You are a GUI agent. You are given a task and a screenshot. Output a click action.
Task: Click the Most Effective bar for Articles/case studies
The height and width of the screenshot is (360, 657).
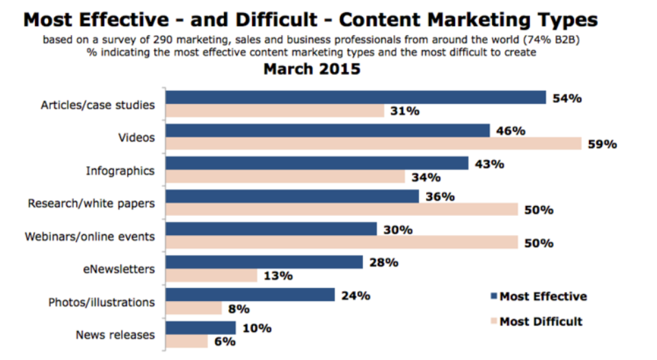click(x=356, y=98)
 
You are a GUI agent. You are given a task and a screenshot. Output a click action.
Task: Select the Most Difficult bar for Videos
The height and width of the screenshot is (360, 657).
click(x=373, y=144)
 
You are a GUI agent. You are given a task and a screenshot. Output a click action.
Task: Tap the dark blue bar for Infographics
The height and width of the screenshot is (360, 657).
click(x=317, y=164)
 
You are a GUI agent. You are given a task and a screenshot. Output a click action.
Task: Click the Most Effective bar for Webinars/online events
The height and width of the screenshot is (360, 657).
click(x=271, y=229)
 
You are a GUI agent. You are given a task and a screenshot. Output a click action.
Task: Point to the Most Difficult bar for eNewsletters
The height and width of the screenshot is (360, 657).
click(x=212, y=275)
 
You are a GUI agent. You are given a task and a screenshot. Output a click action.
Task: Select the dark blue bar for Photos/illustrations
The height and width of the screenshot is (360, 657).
click(x=250, y=295)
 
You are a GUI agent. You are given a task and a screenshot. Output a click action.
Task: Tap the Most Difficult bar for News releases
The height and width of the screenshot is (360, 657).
click(x=187, y=341)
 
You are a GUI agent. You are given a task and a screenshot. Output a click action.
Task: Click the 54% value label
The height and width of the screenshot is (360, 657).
click(x=567, y=98)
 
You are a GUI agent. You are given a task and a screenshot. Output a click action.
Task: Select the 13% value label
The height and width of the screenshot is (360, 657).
click(x=278, y=275)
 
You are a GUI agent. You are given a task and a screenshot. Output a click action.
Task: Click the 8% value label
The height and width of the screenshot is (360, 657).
click(x=238, y=308)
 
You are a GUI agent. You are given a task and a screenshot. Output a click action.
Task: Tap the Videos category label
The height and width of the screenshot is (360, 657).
click(x=136, y=137)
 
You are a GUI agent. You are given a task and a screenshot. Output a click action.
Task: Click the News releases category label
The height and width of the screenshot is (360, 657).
click(x=115, y=335)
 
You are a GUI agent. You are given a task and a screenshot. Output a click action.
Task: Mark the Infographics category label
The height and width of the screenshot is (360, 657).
click(x=120, y=170)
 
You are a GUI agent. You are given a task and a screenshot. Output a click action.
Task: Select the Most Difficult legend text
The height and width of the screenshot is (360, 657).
click(x=541, y=321)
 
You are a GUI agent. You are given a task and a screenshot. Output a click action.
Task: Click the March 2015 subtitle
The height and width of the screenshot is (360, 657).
click(x=312, y=69)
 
